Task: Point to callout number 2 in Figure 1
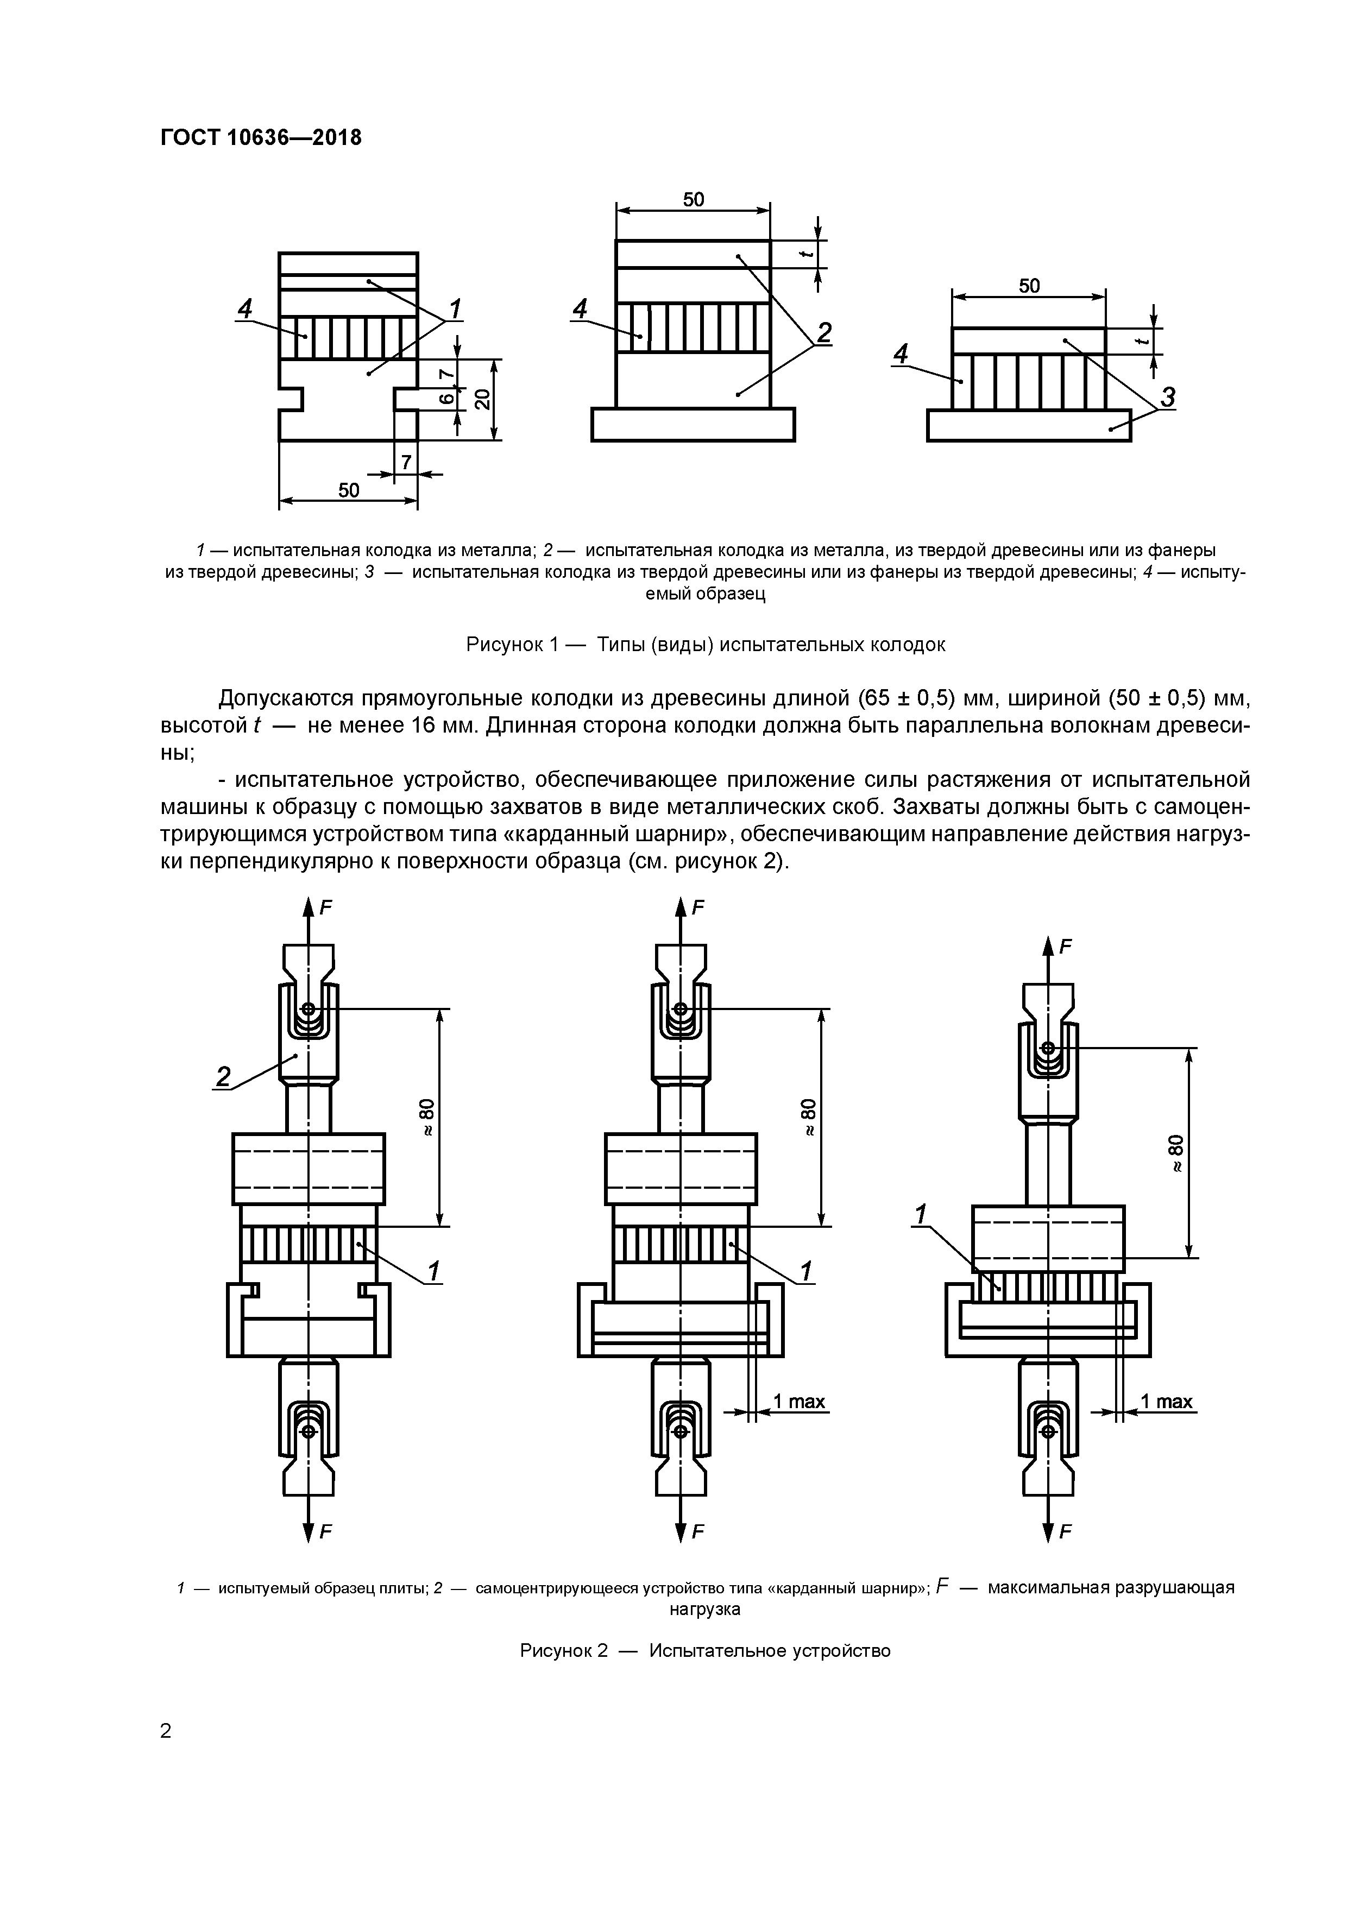coord(823,333)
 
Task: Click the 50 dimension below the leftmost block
coord(349,490)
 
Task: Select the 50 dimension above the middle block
coord(693,199)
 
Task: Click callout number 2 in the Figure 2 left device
coord(223,1077)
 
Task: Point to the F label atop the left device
coord(326,907)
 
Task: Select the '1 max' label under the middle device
coord(798,1402)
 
